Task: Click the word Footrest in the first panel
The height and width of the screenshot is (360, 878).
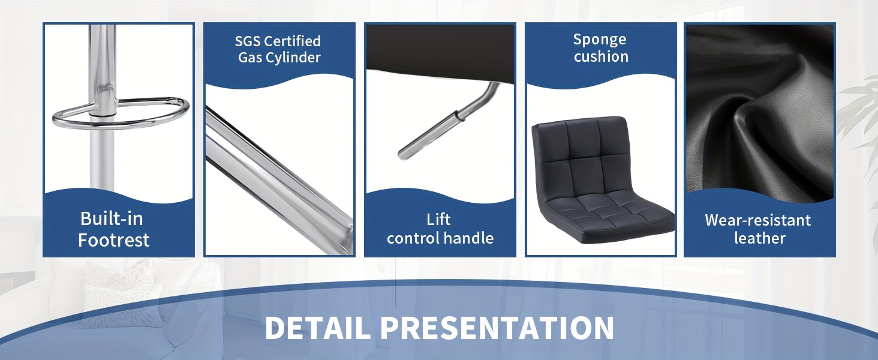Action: (114, 240)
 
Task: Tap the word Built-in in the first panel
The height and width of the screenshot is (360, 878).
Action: (112, 218)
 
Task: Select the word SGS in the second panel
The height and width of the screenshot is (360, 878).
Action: (248, 41)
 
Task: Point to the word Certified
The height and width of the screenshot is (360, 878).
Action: (293, 41)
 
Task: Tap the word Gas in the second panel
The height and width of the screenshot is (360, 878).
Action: (250, 58)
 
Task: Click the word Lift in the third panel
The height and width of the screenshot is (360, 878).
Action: (438, 220)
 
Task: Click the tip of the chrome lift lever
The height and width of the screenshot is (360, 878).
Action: (401, 155)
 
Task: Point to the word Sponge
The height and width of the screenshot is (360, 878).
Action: (600, 40)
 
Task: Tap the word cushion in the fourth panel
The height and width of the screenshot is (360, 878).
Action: (602, 56)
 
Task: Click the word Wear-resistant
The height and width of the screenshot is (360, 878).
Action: (757, 220)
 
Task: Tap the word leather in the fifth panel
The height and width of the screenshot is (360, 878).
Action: (760, 238)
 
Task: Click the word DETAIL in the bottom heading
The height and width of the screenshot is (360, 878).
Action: (317, 328)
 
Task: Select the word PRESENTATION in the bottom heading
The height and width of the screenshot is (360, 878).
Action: (497, 328)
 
